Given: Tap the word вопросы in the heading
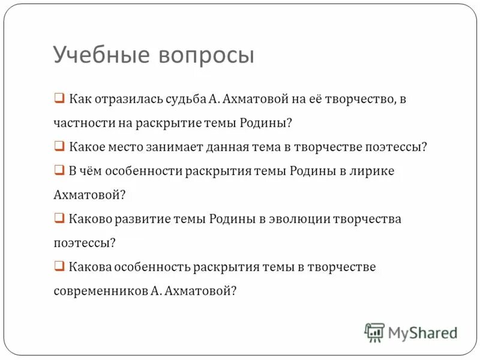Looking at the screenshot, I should (207, 55).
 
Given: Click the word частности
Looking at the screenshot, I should (80, 123).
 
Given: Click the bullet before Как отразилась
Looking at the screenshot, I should (59, 98).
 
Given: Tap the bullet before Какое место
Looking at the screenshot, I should (59, 146).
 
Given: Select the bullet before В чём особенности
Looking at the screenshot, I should (59, 170).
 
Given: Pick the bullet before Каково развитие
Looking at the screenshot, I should (59, 218).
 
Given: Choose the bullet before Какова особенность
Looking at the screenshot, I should (59, 266).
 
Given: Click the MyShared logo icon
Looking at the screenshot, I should (374, 332).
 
